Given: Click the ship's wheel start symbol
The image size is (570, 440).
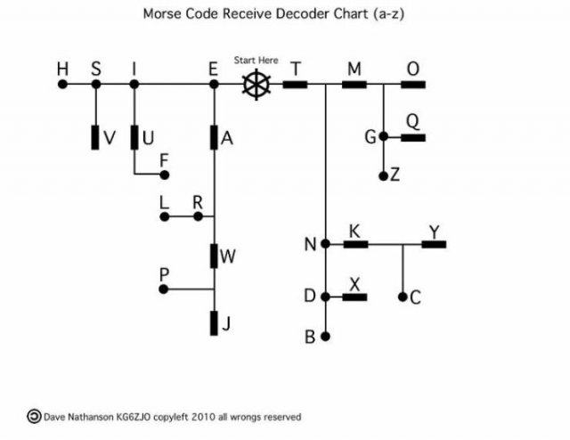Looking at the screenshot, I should tap(256, 85).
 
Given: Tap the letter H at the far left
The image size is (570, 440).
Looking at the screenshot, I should tap(61, 69).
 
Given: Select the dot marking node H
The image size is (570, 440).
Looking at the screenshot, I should tap(62, 85).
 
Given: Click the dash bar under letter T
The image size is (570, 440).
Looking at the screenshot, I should tap(296, 85).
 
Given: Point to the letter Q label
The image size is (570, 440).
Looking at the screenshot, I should tap(411, 120).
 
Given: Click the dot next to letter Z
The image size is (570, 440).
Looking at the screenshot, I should tap(383, 175).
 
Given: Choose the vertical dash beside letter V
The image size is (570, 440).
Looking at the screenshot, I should tap(95, 138).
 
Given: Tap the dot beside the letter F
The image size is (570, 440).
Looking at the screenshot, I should tap(164, 175).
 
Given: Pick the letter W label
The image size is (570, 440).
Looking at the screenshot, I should tap(228, 257).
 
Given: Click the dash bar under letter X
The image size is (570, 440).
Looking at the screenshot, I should tap(355, 297).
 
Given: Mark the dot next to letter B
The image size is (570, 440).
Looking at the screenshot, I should tap(326, 337).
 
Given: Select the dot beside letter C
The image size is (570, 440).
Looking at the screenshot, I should tap(403, 297).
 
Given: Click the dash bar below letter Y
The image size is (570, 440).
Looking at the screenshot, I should tap(434, 243).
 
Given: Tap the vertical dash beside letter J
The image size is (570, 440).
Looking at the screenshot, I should tap(214, 322).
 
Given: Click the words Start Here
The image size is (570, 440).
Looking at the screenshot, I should tap(256, 61).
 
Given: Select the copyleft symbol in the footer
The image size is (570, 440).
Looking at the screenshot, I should tap(34, 415).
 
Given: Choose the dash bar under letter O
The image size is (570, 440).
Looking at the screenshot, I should tap(413, 85).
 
